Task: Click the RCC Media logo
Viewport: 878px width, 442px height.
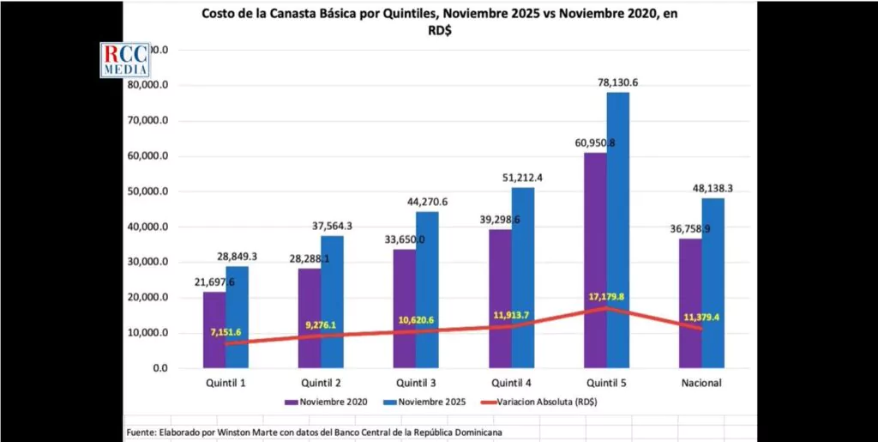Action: (125, 60)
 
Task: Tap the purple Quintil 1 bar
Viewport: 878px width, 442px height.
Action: (214, 330)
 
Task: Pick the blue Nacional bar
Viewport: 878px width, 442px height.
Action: (713, 283)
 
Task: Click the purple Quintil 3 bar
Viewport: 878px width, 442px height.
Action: (405, 308)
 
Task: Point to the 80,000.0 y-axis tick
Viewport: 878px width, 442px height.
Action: (172, 86)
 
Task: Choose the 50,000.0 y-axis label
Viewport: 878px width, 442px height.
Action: (172, 191)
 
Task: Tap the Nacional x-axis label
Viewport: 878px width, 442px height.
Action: (702, 383)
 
